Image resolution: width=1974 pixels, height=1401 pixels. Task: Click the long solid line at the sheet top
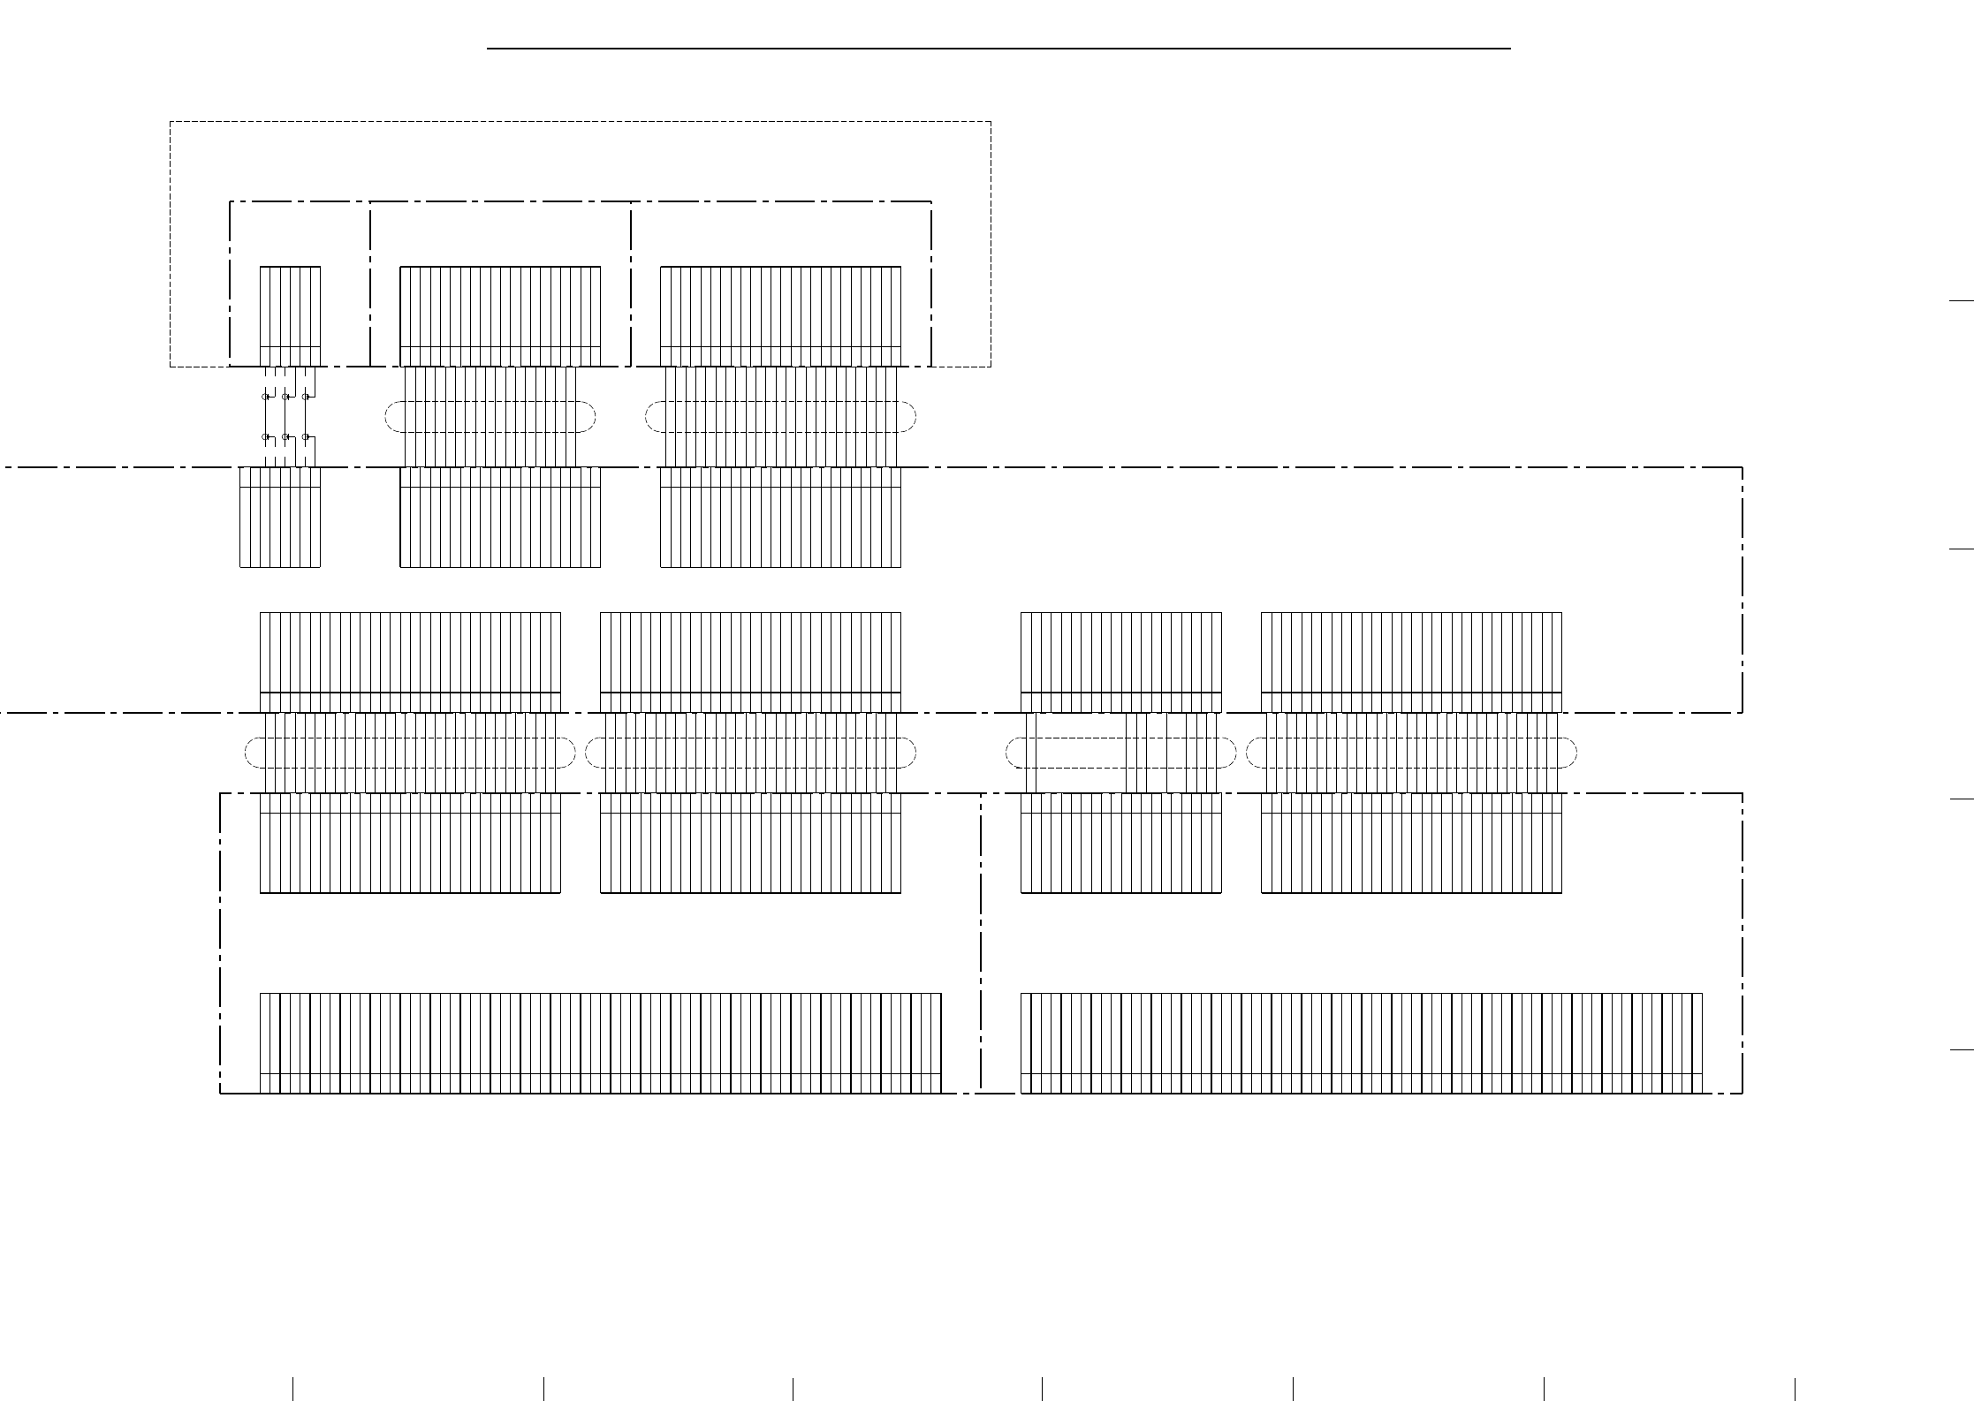pos(998,49)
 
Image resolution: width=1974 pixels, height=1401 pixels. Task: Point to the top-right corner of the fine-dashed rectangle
pos(991,122)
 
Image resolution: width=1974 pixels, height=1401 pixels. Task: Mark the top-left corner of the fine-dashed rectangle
pos(171,122)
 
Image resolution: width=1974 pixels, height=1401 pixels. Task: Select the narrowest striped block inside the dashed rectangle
pos(290,315)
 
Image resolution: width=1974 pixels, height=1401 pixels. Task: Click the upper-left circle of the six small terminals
pos(265,397)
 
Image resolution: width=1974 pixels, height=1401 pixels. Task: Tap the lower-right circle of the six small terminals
pos(306,436)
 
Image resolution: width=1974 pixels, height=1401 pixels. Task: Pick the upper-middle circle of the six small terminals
pos(285,397)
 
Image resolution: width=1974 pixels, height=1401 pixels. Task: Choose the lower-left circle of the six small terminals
pos(265,436)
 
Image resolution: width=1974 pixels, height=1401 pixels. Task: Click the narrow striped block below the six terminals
pos(280,517)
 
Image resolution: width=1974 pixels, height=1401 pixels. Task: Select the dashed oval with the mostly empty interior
pos(1120,753)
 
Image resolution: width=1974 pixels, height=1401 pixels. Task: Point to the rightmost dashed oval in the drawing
pos(1411,753)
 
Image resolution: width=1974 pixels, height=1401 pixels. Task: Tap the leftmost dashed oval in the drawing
pos(410,753)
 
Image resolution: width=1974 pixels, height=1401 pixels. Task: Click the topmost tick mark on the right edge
pos(1961,301)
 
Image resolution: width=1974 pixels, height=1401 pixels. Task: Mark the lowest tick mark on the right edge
pos(1961,1050)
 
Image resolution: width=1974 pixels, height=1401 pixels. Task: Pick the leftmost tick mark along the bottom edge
pos(292,1388)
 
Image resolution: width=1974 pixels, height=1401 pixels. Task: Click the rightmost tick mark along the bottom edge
pos(1795,1388)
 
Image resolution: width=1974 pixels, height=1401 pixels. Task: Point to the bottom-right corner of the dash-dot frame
pos(1742,1094)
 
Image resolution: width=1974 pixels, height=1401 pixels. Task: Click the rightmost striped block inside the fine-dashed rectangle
pos(781,315)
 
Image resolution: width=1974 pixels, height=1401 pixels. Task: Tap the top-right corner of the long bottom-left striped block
pos(941,994)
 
